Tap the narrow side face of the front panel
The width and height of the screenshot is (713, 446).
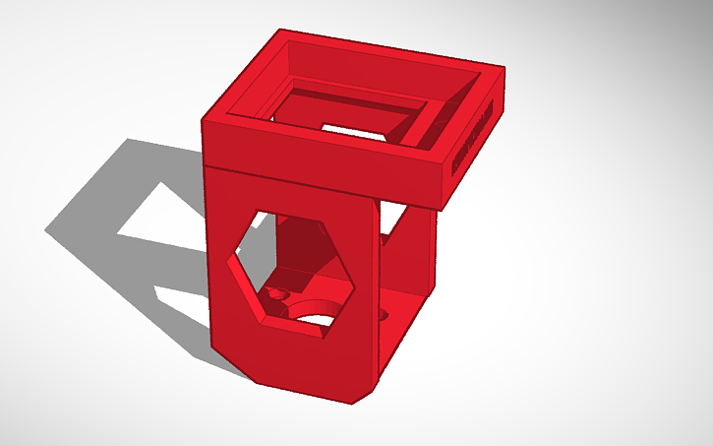click(369, 295)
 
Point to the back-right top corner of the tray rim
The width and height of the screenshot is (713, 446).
click(504, 69)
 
